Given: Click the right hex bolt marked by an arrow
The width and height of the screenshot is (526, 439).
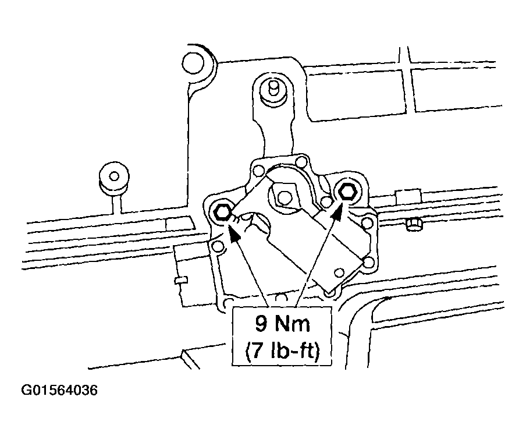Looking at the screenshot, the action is coord(347,192).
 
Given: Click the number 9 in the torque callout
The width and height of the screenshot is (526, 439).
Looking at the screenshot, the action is coord(261,324).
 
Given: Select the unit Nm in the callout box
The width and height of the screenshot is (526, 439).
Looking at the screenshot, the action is coord(292,324).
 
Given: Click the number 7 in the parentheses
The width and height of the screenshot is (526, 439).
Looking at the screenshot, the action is coord(257,352).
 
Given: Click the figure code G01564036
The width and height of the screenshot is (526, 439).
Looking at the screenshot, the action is coord(59,390).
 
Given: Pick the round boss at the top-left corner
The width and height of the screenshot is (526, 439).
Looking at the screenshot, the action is coord(193,62).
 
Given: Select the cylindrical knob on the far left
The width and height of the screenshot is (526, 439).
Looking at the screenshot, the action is coord(114,179).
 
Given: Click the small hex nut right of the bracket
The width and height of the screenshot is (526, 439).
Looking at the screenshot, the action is coord(414,224).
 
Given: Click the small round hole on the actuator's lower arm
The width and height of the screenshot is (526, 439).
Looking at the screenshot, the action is coord(339,272).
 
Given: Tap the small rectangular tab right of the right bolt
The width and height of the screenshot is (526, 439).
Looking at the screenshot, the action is coord(408,197).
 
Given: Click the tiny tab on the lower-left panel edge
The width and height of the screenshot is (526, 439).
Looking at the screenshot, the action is coord(181,280).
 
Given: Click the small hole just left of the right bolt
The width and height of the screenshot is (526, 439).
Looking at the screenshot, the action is coord(325,201).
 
